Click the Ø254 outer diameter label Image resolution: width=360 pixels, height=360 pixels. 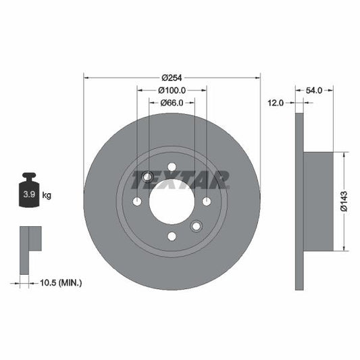tap(172, 77)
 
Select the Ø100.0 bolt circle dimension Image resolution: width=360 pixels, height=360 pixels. tap(172, 90)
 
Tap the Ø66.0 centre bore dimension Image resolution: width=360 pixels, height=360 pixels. tap(172, 103)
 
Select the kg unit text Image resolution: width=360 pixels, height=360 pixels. tap(47, 195)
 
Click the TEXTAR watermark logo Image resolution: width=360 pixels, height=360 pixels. tap(180, 180)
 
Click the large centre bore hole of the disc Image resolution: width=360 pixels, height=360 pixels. tap(172, 201)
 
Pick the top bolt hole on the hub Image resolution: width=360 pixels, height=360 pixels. tap(172, 167)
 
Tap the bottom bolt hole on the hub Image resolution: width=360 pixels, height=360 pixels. tap(172, 236)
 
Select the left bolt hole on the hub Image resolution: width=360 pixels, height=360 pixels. tap(137, 201)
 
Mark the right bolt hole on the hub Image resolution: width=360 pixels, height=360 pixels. tap(206, 201)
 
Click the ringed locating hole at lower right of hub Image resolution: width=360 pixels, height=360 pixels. tap(196, 226)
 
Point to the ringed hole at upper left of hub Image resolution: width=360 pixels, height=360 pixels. tap(147, 177)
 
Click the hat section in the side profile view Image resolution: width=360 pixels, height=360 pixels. tap(319, 201)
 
